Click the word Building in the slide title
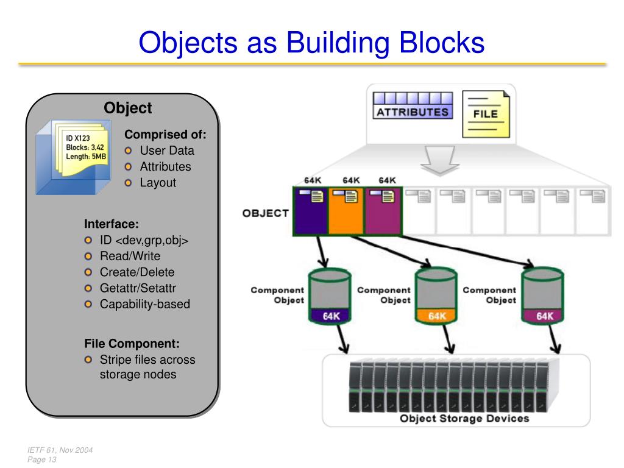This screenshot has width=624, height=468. [x=338, y=43]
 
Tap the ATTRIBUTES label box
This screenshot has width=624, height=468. [x=413, y=105]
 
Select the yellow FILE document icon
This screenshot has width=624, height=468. [x=486, y=114]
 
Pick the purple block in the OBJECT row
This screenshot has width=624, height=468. [x=310, y=211]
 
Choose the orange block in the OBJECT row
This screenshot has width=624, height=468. [x=346, y=211]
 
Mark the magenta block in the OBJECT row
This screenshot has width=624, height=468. [x=383, y=211]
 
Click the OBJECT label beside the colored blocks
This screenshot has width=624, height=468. [x=266, y=213]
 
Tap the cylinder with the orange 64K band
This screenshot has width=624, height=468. [x=436, y=296]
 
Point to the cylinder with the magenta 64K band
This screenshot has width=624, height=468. [x=542, y=296]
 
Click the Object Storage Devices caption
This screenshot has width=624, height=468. [x=464, y=418]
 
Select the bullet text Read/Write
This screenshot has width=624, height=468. [x=130, y=256]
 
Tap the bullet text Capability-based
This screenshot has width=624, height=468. [x=145, y=304]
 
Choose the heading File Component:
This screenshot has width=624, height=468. [x=132, y=344]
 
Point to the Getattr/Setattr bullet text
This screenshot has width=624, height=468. [x=138, y=288]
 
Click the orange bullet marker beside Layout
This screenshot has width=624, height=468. [x=128, y=183]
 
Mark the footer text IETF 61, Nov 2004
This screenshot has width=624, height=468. [x=60, y=450]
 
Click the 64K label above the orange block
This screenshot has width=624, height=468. [x=351, y=180]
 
